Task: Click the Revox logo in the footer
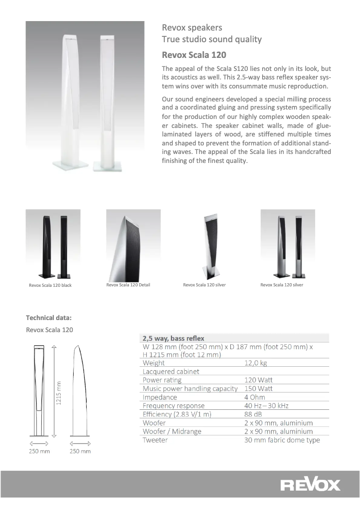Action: (x=311, y=485)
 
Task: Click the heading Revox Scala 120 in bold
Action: (x=194, y=55)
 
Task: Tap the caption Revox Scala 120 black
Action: (x=50, y=285)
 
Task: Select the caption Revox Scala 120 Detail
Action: (x=128, y=285)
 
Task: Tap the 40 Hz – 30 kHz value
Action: (x=266, y=406)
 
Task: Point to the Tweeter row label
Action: (x=155, y=440)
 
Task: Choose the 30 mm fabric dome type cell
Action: (x=282, y=440)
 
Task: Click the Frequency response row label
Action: (x=173, y=406)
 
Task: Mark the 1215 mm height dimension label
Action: (x=59, y=393)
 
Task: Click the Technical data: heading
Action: (x=49, y=318)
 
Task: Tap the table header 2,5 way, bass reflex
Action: (x=173, y=338)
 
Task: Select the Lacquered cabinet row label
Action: (x=171, y=372)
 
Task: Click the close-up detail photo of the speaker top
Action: (x=133, y=244)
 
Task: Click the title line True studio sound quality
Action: (x=212, y=39)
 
